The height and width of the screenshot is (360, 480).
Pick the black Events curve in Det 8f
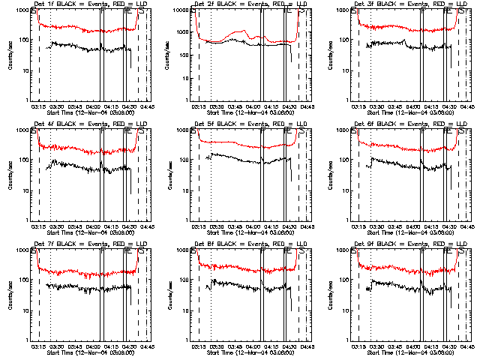click(240, 286)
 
